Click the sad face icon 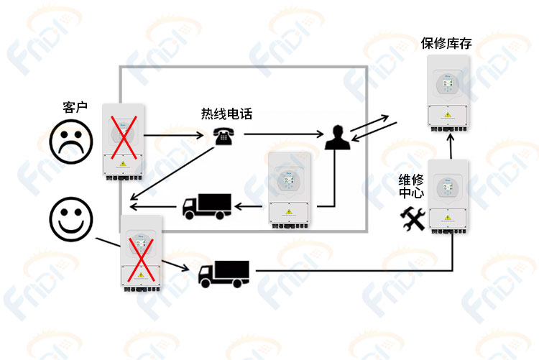pyautogui.click(x=71, y=142)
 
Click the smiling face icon pyautogui.click(x=71, y=219)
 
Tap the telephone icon pyautogui.click(x=224, y=136)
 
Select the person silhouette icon pyautogui.click(x=338, y=137)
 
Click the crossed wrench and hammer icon pyautogui.click(x=413, y=218)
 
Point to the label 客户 pyautogui.click(x=75, y=107)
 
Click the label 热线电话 pyautogui.click(x=226, y=114)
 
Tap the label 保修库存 pyautogui.click(x=446, y=43)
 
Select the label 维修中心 pyautogui.click(x=411, y=186)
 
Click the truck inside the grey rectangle pyautogui.click(x=206, y=206)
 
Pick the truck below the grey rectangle pyautogui.click(x=224, y=274)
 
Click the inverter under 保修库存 pyautogui.click(x=448, y=93)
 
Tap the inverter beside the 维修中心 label pyautogui.click(x=448, y=197)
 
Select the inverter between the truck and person pyautogui.click(x=289, y=190)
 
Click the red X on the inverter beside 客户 pyautogui.click(x=124, y=137)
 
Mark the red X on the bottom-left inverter pyautogui.click(x=141, y=259)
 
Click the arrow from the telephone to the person pyautogui.click(x=284, y=134)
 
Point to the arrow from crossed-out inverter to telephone pyautogui.click(x=174, y=135)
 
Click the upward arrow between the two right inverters pyautogui.click(x=451, y=146)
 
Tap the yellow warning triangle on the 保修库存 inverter pyautogui.click(x=448, y=115)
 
